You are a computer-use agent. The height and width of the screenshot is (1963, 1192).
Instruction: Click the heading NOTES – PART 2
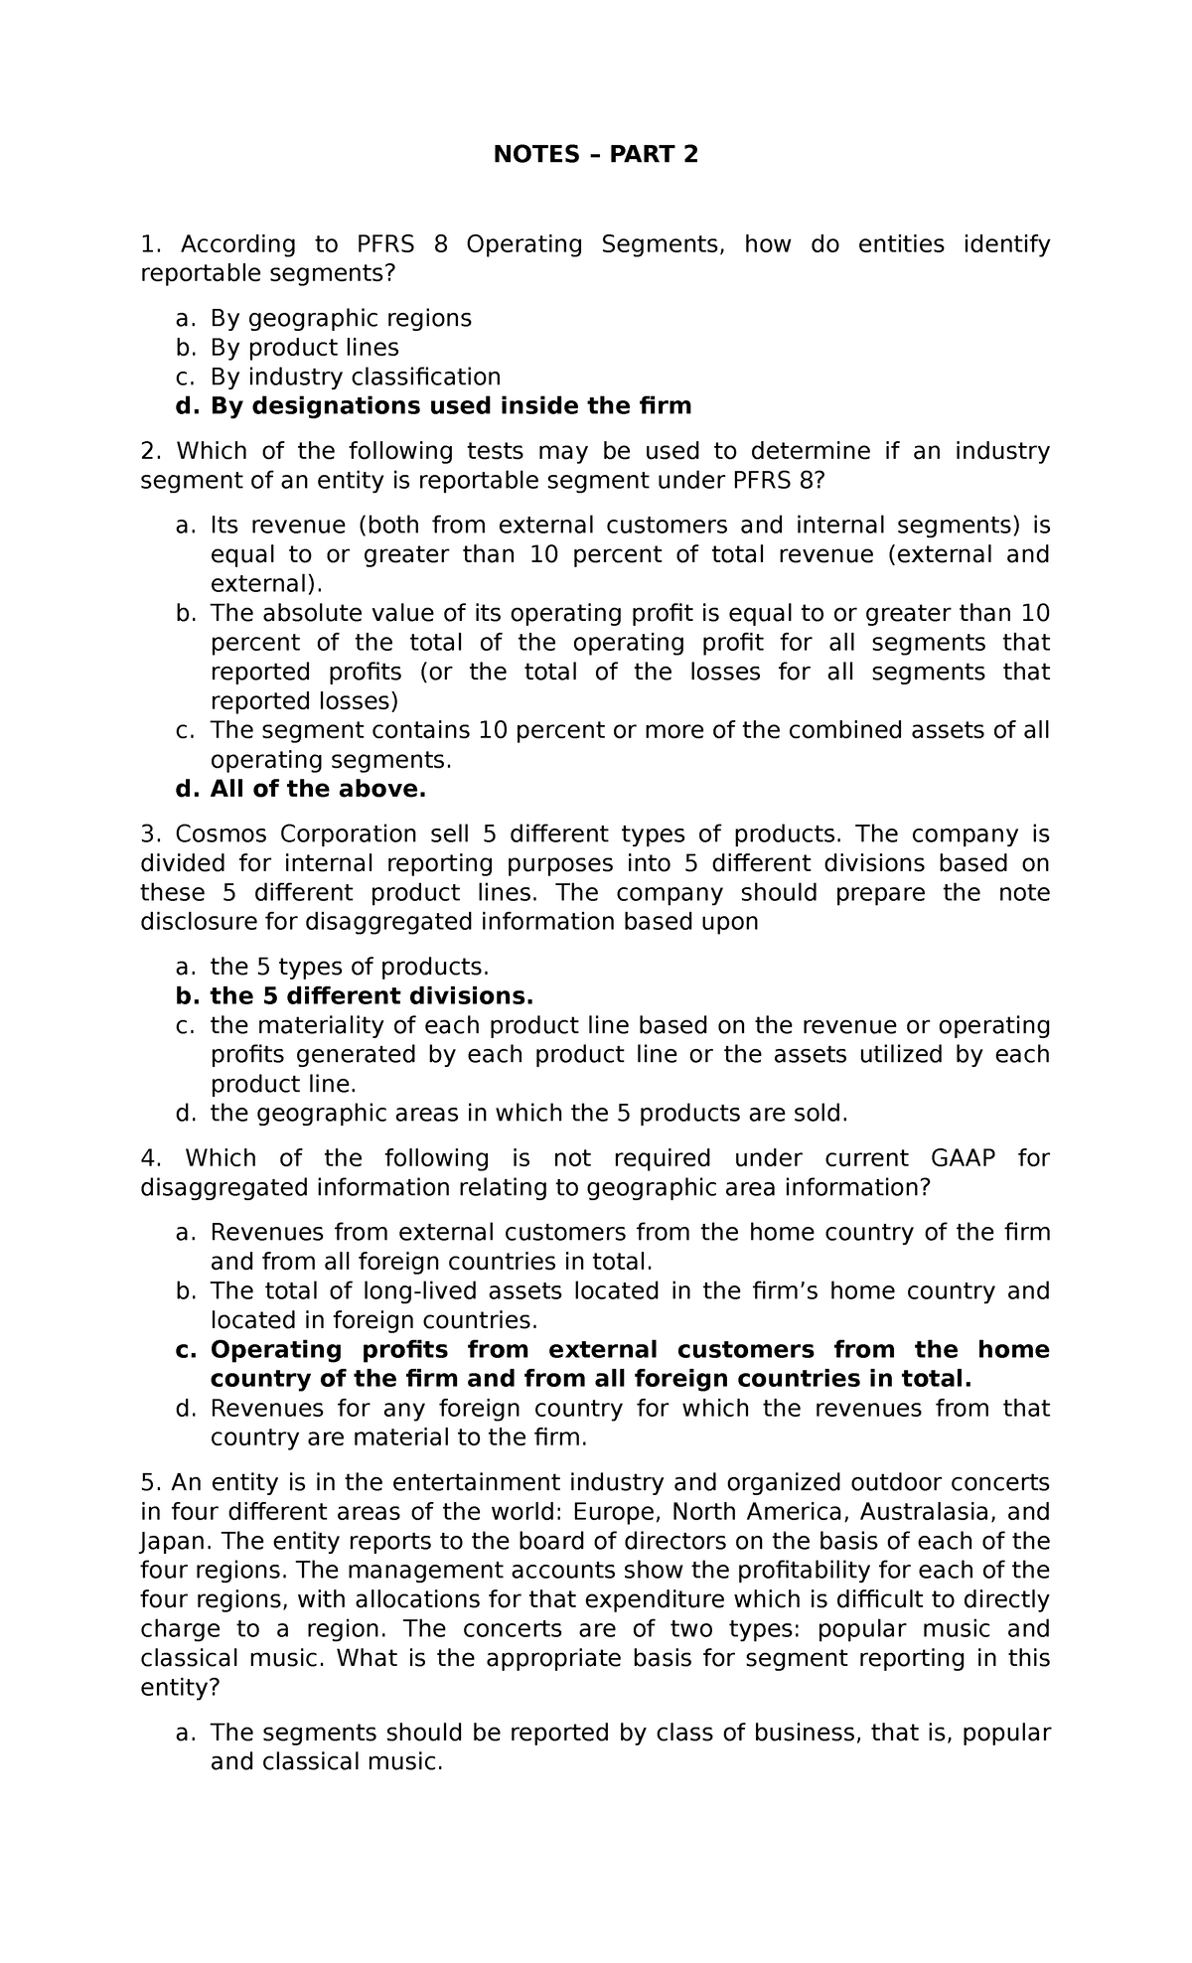597,155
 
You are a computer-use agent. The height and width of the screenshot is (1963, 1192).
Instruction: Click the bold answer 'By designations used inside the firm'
450,406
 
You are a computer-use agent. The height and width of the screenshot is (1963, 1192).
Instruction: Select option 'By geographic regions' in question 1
340,318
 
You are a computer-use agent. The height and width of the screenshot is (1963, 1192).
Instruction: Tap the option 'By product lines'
304,348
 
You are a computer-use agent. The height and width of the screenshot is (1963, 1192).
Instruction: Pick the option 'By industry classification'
355,377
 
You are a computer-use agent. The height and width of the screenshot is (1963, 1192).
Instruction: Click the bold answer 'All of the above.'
317,789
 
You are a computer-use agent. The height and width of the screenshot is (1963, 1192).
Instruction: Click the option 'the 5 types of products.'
350,967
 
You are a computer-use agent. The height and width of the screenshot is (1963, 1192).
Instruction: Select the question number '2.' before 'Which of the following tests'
150,451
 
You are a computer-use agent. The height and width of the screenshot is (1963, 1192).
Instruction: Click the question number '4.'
150,1158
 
